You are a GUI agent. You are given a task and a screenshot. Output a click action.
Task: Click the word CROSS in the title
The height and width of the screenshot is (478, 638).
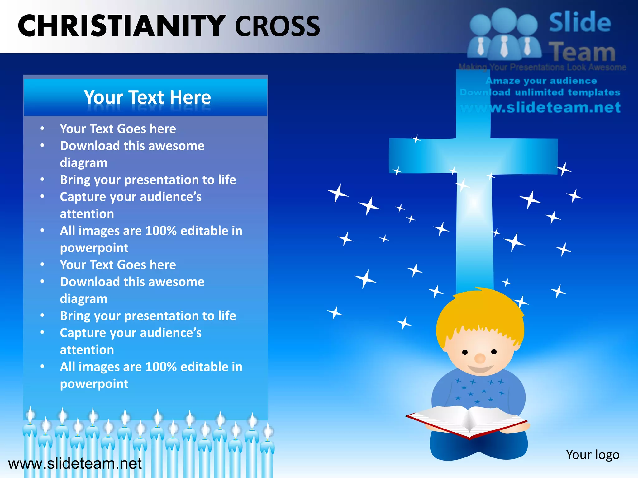277,26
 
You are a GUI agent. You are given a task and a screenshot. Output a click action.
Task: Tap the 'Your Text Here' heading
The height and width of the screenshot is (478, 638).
147,97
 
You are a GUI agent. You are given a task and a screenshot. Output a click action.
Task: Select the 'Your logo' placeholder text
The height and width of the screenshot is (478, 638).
593,455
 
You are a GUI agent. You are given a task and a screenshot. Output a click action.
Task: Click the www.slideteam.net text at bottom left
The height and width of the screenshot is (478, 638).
75,463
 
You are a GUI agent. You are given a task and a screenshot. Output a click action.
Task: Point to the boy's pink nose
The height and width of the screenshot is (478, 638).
480,358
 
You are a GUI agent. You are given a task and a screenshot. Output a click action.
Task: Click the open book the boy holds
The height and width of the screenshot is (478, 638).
467,420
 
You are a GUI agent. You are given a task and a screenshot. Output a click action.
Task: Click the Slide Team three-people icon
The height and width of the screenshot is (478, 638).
504,34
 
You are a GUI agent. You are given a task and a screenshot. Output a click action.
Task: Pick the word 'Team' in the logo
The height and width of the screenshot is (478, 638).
582,52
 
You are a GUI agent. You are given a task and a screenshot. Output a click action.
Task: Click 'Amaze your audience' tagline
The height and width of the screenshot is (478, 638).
541,81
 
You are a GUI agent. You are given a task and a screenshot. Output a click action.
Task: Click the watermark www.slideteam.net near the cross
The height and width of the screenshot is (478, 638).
540,108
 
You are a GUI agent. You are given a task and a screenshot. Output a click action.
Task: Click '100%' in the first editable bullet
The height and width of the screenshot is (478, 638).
161,231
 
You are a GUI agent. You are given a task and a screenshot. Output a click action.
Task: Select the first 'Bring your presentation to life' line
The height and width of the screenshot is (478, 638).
148,180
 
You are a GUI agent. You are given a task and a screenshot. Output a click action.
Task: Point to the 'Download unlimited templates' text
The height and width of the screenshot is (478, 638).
540,92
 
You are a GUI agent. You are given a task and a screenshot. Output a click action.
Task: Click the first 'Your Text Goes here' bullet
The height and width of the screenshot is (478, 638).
118,129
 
